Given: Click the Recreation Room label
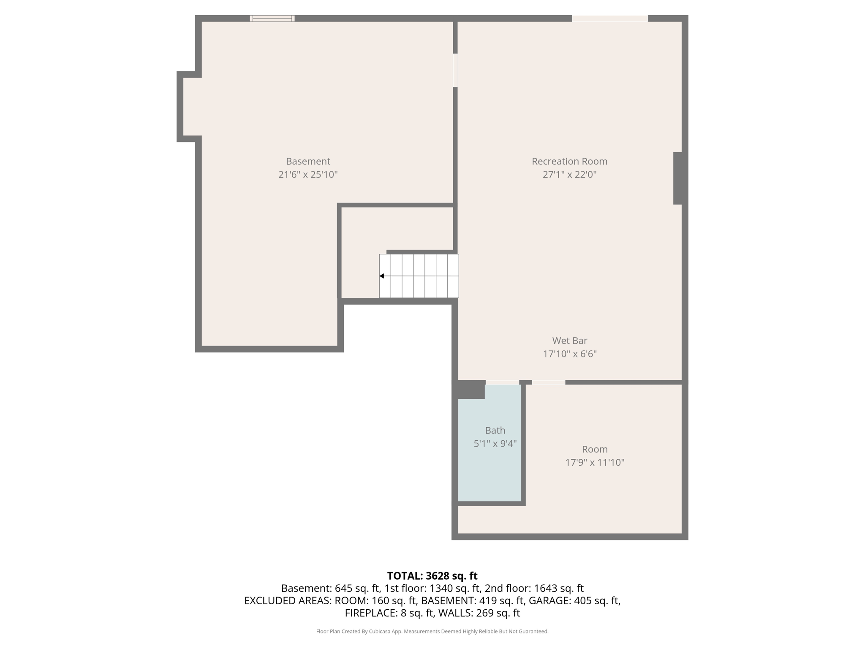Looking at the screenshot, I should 569,161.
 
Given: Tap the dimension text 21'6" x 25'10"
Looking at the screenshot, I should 308,175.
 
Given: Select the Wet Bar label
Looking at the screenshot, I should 569,341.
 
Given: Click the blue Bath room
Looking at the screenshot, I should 490,465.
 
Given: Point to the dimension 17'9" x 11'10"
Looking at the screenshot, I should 595,462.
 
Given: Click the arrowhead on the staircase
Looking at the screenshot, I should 382,276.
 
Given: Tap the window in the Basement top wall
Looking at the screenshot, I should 272,18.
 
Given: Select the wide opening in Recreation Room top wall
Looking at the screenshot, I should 609,18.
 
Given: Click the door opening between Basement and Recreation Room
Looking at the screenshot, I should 455,70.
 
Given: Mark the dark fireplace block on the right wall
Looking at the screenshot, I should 677,178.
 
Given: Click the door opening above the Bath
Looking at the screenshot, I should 502,382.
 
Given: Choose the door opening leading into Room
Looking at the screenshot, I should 548,382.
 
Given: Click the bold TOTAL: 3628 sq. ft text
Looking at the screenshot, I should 432,576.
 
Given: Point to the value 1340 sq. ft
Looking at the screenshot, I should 455,588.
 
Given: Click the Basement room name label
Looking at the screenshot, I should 308,161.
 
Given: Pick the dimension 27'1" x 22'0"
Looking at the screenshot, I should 569,175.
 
